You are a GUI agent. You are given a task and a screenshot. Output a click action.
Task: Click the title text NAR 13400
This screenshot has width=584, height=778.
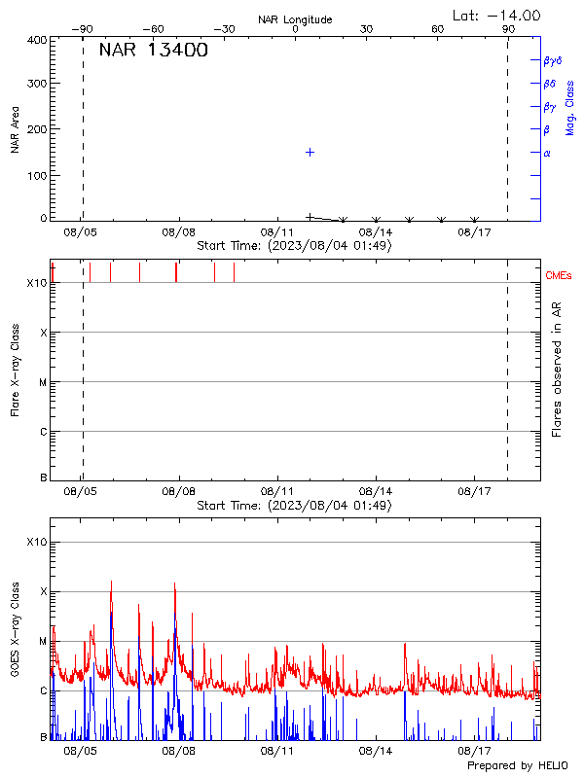click(x=153, y=51)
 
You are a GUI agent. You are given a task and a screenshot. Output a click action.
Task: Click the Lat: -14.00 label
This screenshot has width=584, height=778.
click(x=497, y=15)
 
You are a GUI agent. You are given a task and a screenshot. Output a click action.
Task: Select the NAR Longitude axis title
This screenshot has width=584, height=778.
click(x=295, y=19)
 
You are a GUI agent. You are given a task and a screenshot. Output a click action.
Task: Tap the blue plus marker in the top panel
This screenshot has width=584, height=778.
click(x=310, y=152)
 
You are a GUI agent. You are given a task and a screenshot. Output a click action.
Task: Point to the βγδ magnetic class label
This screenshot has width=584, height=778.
click(x=552, y=60)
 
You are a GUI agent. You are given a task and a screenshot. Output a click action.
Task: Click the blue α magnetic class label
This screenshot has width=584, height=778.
click(x=547, y=154)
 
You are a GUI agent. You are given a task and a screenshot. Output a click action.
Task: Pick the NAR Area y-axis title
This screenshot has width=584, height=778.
click(x=16, y=129)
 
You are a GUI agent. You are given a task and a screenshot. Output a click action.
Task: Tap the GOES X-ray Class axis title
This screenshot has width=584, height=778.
click(x=16, y=628)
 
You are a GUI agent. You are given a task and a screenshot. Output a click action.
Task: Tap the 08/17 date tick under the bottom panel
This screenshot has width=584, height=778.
click(x=474, y=752)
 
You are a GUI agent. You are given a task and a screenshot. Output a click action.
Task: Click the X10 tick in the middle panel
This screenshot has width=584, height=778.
click(x=37, y=283)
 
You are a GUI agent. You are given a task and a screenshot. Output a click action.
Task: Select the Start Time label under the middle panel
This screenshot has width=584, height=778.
click(x=294, y=505)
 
